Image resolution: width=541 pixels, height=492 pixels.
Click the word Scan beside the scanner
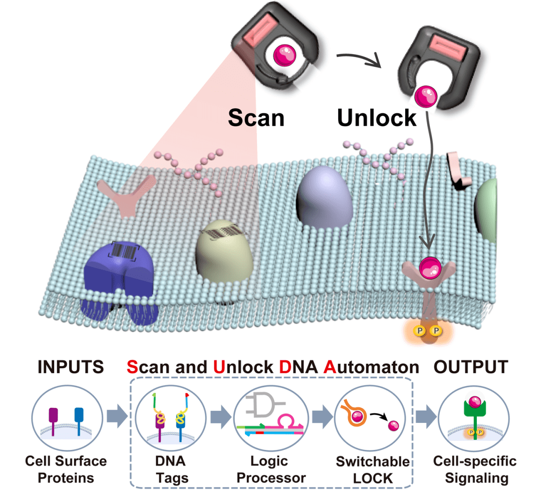pos(256,118)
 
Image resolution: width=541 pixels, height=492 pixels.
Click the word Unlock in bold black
pos(377,118)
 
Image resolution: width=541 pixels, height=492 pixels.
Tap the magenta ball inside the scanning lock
pos(285,55)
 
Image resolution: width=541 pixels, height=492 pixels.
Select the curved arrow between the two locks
pos(359,59)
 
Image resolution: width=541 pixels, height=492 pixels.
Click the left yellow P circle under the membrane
pos(420,331)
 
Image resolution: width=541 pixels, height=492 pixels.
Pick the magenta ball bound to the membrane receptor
pos(430,268)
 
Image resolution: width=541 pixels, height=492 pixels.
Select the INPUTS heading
pos(71,367)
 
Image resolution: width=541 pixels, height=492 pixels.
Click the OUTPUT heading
pos(470,367)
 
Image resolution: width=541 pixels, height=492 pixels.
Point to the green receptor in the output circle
pos(475,417)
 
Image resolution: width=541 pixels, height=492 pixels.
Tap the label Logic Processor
pos(271,469)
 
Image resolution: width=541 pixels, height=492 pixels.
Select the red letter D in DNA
pos(286,367)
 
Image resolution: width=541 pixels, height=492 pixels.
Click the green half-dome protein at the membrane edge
pos(486,210)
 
